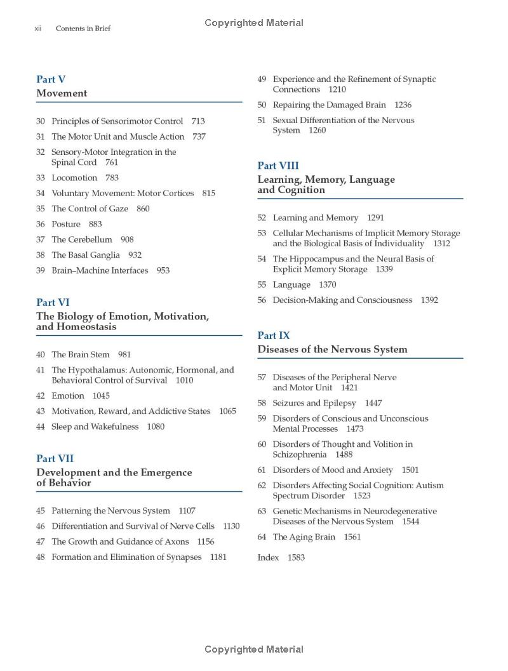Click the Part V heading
[51, 79]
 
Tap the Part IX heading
[273, 335]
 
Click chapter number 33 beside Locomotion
[41, 178]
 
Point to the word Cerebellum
[91, 239]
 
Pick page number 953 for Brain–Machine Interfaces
[163, 270]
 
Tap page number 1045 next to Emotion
[101, 395]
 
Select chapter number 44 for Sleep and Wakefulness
[41, 427]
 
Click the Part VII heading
[55, 458]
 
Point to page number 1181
[218, 557]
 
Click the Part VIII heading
[277, 166]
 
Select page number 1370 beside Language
[328, 284]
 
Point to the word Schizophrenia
[298, 455]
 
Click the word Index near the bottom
[268, 557]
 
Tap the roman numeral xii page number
[37, 29]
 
